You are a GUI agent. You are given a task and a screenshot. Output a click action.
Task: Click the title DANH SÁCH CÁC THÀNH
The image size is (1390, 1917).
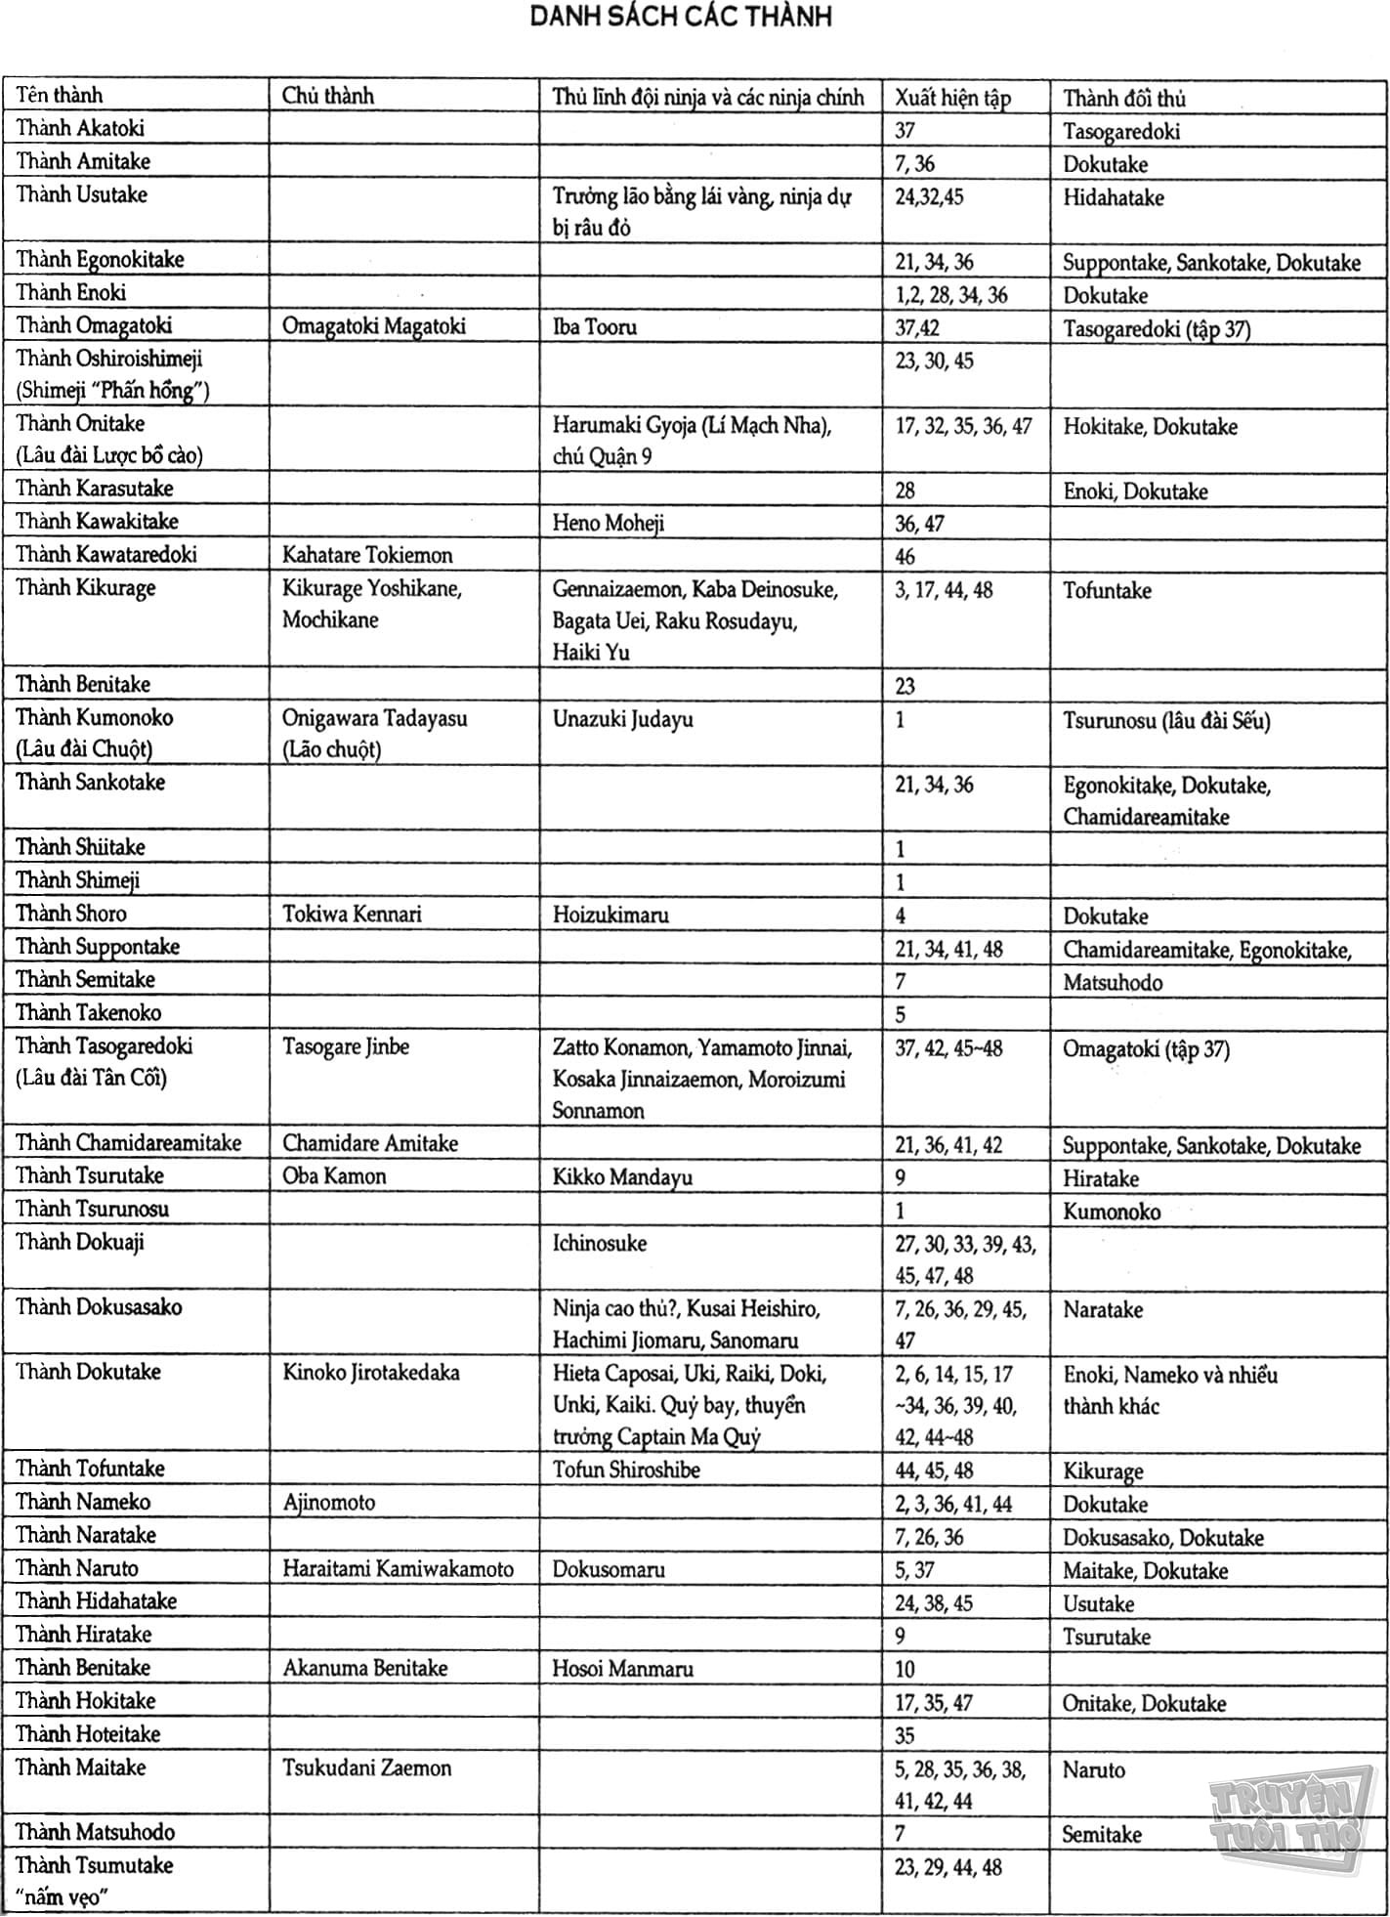[681, 18]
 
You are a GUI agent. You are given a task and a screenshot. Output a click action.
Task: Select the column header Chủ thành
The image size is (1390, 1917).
[327, 96]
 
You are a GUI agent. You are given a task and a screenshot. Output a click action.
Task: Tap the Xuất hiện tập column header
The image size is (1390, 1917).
[952, 98]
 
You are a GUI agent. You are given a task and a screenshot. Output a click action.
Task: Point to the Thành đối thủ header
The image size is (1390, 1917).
[1123, 98]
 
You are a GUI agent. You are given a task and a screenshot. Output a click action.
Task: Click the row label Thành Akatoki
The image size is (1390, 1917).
[80, 128]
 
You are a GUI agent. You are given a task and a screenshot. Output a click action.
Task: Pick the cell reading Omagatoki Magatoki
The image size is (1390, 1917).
[373, 326]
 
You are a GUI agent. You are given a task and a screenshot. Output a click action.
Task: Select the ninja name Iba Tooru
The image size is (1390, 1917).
[594, 326]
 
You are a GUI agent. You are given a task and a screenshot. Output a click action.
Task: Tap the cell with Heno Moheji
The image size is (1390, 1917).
[608, 523]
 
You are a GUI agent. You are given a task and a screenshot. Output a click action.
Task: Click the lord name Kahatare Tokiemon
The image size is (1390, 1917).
[367, 556]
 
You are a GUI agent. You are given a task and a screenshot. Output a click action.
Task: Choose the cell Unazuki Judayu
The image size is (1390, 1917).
[622, 719]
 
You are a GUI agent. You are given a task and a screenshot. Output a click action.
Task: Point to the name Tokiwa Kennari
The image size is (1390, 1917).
[352, 915]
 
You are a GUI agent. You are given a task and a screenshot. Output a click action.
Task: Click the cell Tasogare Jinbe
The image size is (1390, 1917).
[345, 1046]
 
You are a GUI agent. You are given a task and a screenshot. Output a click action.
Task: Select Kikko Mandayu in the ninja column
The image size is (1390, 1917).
[622, 1176]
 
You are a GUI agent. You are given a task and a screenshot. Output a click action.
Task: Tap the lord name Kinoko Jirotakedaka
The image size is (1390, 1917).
[370, 1372]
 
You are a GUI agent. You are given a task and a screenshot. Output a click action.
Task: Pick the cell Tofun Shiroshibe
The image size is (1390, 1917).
[625, 1470]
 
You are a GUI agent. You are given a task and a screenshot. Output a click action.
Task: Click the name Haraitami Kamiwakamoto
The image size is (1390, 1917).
[398, 1569]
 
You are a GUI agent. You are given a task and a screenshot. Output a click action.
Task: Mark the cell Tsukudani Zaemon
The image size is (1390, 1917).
[366, 1768]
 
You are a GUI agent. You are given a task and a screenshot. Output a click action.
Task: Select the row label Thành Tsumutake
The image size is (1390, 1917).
[94, 1865]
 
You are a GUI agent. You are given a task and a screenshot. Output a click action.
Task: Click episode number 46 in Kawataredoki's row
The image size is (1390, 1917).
[905, 557]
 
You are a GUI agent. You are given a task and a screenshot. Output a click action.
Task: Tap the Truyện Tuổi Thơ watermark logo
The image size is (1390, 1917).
[1284, 1816]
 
